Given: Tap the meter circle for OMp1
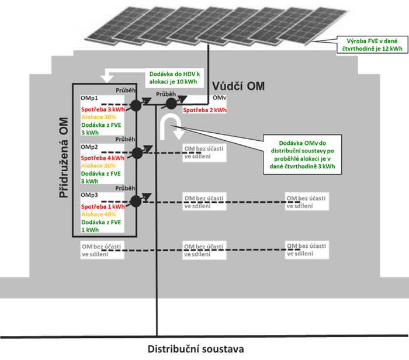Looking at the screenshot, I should (136, 105).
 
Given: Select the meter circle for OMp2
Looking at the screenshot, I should (137, 153).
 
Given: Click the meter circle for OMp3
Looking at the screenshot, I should (137, 201).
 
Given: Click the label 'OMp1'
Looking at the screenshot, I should (89, 99).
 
